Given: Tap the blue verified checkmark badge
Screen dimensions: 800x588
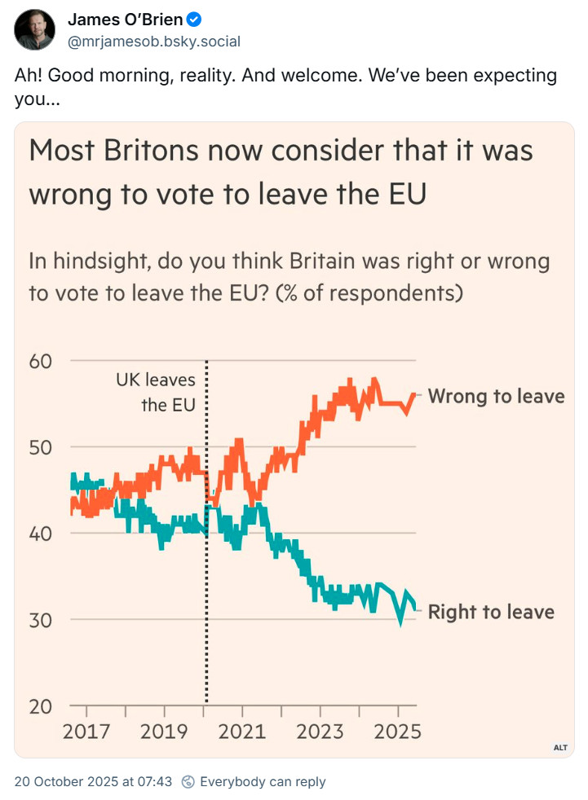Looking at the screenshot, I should (x=194, y=20).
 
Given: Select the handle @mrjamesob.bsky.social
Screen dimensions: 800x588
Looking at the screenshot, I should (x=153, y=41).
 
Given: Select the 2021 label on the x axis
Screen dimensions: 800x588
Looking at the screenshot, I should (x=243, y=731).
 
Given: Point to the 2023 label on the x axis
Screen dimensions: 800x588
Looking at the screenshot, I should (x=321, y=731).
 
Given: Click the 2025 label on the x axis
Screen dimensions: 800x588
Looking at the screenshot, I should (x=396, y=731).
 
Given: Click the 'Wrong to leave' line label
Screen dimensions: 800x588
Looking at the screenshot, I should (x=496, y=396).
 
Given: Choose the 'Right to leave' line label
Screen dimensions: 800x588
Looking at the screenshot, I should (x=491, y=612).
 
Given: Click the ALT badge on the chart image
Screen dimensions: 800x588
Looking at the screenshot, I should (x=560, y=747).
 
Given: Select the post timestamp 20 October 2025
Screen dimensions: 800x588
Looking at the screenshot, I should (x=93, y=781).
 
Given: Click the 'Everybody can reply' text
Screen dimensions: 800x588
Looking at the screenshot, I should (x=263, y=781).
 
